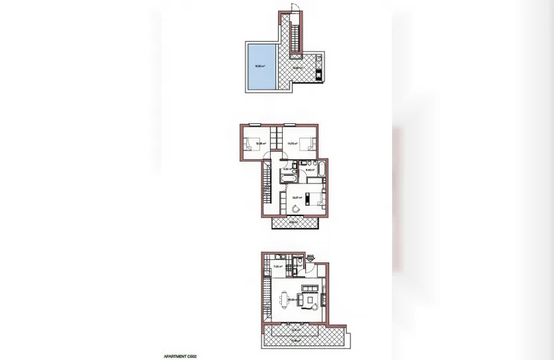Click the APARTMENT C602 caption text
point(179,356)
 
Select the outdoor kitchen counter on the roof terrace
point(319,66)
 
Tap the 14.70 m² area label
point(291,143)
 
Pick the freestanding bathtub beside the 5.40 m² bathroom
point(321,169)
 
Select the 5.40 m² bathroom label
point(310,171)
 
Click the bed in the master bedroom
point(316,197)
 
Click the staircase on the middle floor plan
point(267,186)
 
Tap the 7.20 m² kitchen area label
point(279,267)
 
